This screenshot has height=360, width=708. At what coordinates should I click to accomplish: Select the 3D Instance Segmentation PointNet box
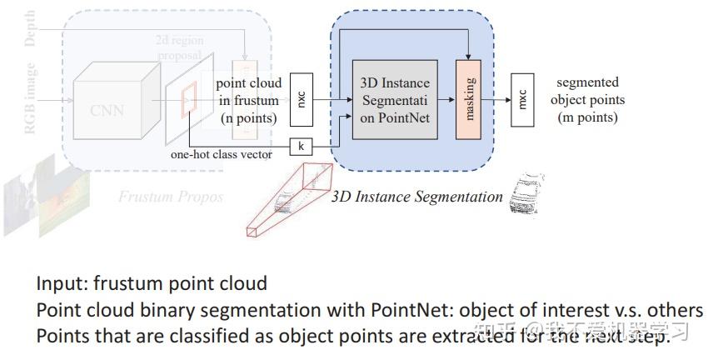396,101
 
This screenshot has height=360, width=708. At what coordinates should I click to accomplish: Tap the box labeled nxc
302,100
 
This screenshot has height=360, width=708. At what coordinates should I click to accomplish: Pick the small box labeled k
301,147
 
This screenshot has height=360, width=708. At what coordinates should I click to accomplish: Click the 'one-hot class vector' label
221,154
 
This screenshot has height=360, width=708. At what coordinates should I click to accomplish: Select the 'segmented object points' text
589,100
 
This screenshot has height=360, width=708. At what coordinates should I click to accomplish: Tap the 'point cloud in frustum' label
248,100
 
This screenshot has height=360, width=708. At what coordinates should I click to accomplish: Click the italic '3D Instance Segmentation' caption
416,197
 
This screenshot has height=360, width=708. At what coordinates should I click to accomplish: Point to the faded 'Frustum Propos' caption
170,197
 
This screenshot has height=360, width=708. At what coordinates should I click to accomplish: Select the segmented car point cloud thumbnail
525,195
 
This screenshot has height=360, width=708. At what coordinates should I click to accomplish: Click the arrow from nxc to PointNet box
332,100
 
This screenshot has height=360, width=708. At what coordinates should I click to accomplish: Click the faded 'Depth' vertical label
30,29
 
